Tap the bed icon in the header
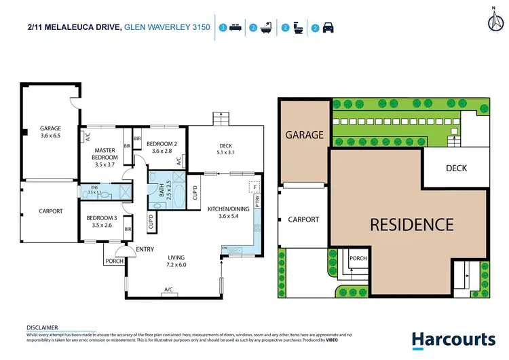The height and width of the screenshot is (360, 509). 236,28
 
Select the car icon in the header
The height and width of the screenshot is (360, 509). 328,28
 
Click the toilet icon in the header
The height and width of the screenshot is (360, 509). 298,28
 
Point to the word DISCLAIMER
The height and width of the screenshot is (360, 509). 42,327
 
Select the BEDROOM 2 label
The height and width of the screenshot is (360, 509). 161,147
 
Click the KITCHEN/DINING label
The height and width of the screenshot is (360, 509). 229,213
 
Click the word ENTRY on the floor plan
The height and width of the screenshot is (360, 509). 145,249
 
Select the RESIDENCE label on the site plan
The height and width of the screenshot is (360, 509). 411,224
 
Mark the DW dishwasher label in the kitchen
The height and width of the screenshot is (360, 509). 225,249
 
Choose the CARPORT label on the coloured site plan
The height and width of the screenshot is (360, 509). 303,219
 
